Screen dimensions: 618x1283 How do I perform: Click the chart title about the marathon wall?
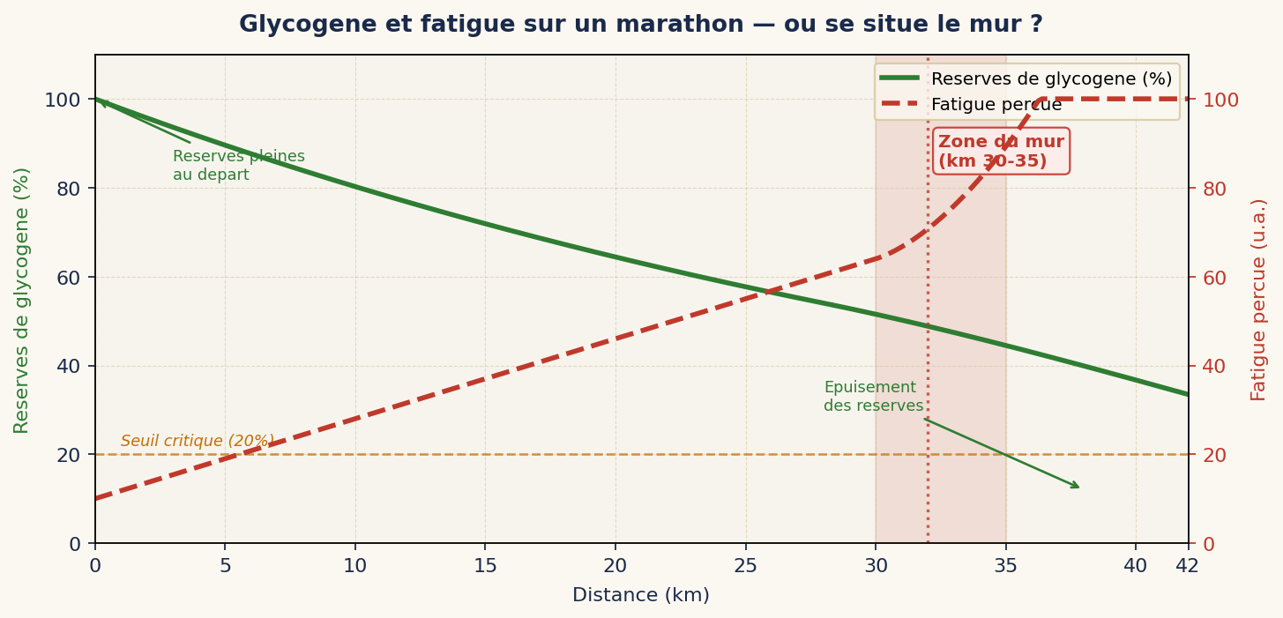pyautogui.click(x=641, y=25)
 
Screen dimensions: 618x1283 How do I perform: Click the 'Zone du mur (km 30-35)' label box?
pyautogui.click(x=1001, y=152)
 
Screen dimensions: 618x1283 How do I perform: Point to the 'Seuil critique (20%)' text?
pyautogui.click(x=198, y=441)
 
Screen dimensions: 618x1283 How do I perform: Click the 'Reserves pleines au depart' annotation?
pyautogui.click(x=238, y=166)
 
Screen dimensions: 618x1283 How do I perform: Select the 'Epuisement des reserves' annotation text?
pyautogui.click(x=873, y=397)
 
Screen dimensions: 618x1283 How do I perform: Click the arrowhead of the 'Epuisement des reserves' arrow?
pyautogui.click(x=1077, y=487)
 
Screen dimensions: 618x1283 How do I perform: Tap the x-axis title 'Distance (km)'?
pyautogui.click(x=641, y=596)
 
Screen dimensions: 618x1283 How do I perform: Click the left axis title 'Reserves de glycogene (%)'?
pyautogui.click(x=22, y=300)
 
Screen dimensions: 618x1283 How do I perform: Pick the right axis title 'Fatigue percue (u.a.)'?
pyautogui.click(x=1259, y=300)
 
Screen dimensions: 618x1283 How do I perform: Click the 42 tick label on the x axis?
pyautogui.click(x=1188, y=566)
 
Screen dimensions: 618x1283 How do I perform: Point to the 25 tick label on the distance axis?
pyautogui.click(x=745, y=566)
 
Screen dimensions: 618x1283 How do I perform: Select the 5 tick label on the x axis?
pyautogui.click(x=225, y=566)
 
